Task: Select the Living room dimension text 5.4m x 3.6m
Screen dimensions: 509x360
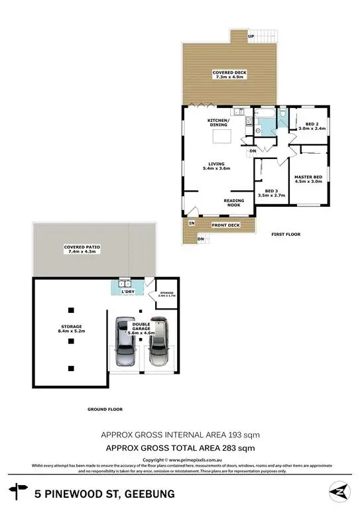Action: click(215, 169)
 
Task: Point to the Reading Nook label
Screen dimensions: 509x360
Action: click(233, 203)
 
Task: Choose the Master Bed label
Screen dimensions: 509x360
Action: click(308, 176)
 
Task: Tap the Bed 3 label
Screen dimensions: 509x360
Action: click(270, 192)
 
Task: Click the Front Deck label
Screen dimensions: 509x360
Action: click(225, 225)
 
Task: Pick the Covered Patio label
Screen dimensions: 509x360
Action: click(80, 247)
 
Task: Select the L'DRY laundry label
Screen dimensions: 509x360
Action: click(127, 292)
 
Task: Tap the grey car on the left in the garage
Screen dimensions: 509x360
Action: click(125, 342)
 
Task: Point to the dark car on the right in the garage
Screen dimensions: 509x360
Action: click(159, 343)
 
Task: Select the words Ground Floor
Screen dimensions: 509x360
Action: click(105, 409)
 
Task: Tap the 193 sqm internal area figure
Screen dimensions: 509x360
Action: click(245, 435)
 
